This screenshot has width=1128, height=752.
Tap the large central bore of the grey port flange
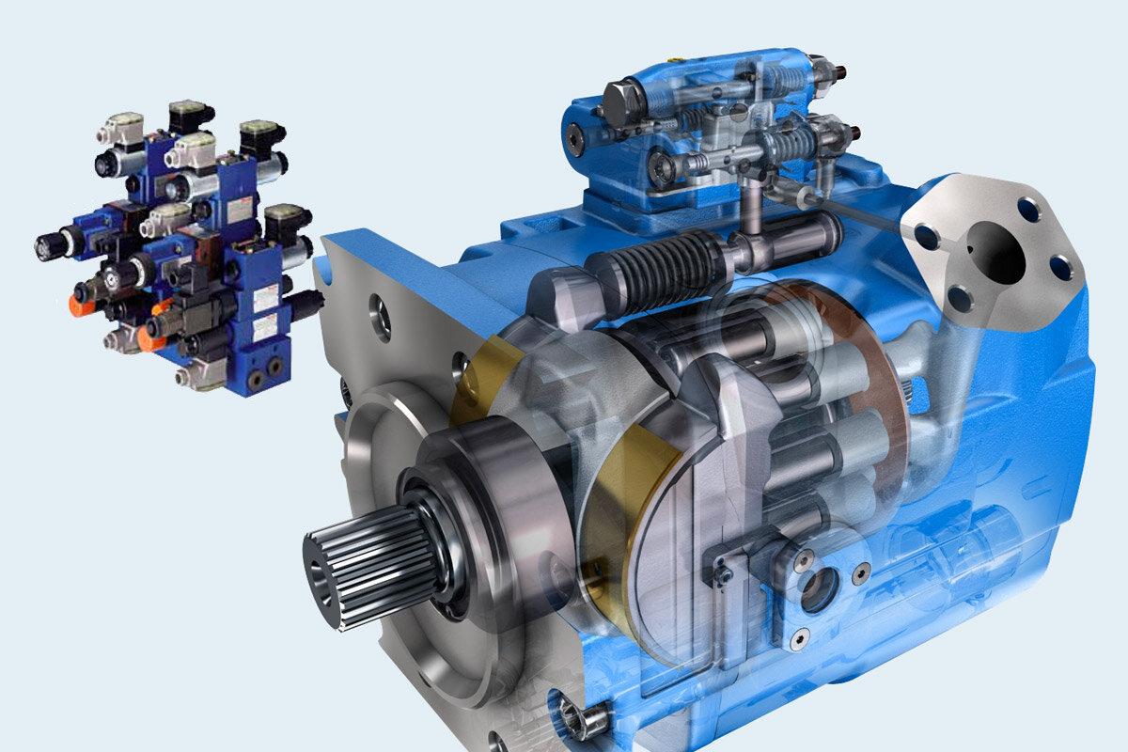click(x=995, y=251)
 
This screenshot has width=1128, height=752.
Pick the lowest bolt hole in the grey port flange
click(x=960, y=299)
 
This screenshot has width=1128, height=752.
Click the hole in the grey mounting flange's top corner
click(x=381, y=306)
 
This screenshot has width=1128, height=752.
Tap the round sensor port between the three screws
click(x=816, y=590)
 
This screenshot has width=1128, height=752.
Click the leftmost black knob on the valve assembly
click(x=47, y=247)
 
